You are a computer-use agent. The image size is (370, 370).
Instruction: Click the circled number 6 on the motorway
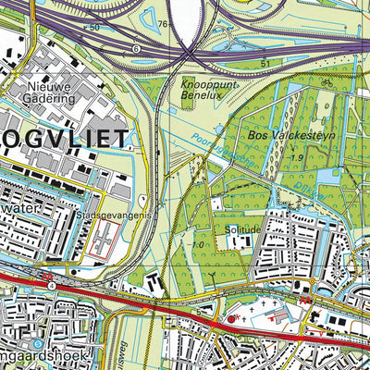(x=136, y=47)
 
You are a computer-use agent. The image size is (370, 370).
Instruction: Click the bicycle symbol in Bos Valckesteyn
(x=326, y=80)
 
